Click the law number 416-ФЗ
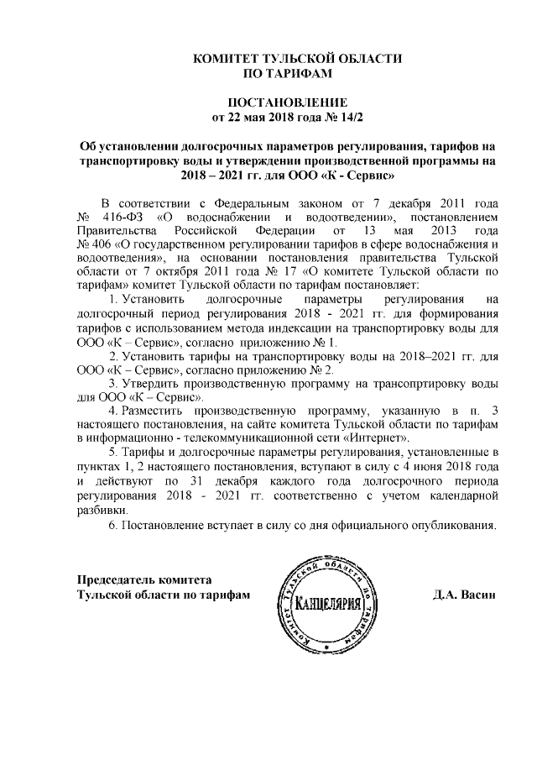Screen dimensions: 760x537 [120, 218]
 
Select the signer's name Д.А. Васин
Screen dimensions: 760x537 [465, 594]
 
